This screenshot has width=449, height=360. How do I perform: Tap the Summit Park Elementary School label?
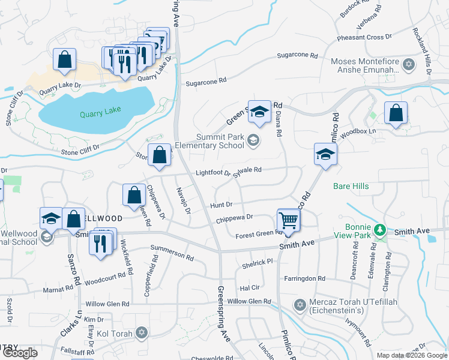click(210, 141)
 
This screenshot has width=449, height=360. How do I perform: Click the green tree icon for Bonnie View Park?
click(379, 230)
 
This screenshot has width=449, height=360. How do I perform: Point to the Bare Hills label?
click(351, 187)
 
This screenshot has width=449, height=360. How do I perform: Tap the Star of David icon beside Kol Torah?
click(142, 332)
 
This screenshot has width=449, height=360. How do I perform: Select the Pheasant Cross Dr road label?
click(364, 37)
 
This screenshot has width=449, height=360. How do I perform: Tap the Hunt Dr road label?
click(221, 205)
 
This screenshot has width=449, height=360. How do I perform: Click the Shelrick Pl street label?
click(257, 262)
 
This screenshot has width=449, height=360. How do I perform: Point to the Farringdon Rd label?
click(304, 279)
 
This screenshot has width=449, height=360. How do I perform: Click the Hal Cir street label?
click(249, 288)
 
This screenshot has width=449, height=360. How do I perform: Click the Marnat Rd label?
click(58, 290)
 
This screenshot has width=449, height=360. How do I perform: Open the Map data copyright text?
click(411, 355)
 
